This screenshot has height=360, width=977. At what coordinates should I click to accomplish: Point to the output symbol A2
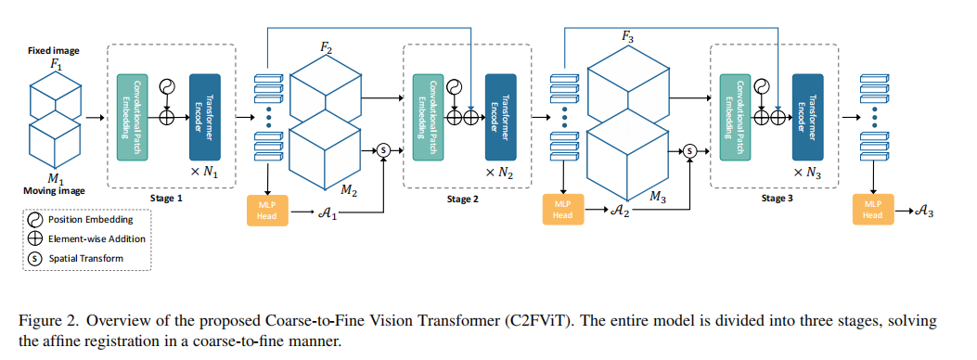620,212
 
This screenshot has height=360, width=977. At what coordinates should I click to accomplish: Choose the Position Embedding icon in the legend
35,220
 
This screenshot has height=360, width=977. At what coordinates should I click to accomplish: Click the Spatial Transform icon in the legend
35,257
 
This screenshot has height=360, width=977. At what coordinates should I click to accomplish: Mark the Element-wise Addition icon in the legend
35,238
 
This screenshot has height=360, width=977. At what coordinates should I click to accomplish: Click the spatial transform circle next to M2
383,150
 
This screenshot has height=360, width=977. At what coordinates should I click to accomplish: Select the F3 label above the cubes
629,37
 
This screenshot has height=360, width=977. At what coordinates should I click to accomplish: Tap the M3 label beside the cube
657,197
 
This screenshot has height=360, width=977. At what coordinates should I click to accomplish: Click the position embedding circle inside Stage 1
168,87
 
